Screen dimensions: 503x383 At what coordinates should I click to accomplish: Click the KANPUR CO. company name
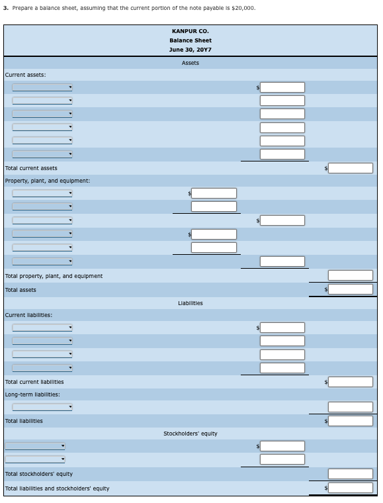point(190,31)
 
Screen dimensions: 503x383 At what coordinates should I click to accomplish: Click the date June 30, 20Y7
point(190,50)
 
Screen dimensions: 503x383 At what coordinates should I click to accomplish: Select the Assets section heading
point(190,63)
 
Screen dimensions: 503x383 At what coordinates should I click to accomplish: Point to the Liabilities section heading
point(190,303)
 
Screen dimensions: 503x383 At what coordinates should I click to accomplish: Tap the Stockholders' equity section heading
point(190,434)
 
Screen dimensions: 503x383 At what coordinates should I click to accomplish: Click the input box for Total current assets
point(351,168)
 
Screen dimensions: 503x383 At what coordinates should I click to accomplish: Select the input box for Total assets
point(351,289)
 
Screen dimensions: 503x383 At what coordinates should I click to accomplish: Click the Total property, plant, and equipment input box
point(351,275)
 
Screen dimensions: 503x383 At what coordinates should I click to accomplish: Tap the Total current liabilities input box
point(351,382)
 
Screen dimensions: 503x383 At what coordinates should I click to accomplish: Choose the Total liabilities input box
point(351,421)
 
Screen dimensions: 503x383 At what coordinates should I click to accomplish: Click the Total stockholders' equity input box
point(351,474)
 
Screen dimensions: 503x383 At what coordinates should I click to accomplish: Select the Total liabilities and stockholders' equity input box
point(351,488)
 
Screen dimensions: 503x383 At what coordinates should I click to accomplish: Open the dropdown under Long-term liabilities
point(42,407)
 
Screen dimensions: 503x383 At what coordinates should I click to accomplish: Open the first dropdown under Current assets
point(42,87)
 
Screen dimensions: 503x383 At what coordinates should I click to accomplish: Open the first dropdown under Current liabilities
point(42,327)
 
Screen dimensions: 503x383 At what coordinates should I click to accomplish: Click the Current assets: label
point(25,75)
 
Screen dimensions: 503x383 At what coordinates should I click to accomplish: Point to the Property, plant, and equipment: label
point(48,181)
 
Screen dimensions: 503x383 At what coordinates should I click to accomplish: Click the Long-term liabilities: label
point(32,394)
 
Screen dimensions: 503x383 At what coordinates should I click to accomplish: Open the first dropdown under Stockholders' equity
point(35,446)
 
